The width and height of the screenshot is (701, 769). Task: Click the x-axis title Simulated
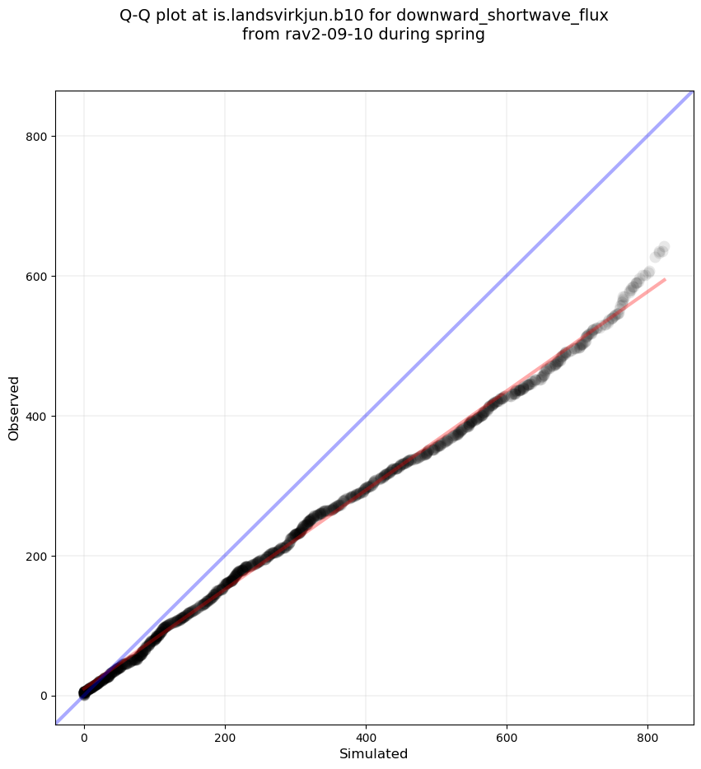[x=374, y=754]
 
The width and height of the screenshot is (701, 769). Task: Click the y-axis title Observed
[x=14, y=408]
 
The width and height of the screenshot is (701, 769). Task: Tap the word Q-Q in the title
[x=137, y=16]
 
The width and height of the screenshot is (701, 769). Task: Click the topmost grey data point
[x=663, y=247]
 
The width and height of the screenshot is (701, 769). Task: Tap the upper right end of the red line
[x=665, y=279]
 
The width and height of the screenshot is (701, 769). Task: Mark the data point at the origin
[x=84, y=694]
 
